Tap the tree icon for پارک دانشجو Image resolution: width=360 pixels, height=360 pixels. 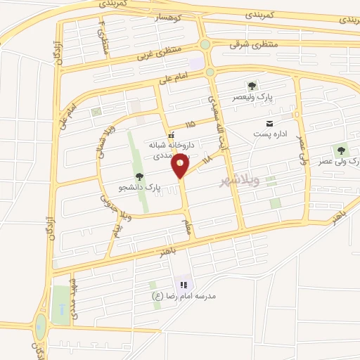click(139, 176)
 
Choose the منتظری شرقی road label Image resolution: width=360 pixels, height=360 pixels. click(253, 44)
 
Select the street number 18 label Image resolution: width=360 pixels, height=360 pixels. click(206, 162)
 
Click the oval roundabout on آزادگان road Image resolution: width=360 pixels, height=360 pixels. click(40, 325)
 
